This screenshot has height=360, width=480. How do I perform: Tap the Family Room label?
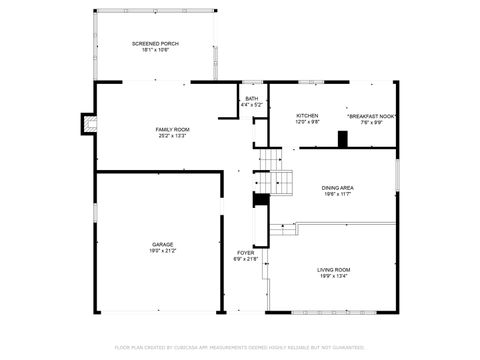172,129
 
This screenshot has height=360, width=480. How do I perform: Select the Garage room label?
163,244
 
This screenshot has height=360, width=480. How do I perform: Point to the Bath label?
251,98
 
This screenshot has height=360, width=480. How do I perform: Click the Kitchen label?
307,116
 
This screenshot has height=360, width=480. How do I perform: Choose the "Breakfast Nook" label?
372,116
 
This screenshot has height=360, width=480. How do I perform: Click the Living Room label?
333,269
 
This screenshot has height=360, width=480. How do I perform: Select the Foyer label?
245,252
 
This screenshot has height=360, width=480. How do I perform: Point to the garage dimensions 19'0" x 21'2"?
163,251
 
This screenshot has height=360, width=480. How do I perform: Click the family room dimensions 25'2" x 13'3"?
172,136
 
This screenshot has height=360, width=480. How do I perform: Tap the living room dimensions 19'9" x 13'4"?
333,276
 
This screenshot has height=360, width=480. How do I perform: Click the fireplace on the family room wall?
89,125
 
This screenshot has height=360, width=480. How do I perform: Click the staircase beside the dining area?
281,182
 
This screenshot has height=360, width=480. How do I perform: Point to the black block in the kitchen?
342,138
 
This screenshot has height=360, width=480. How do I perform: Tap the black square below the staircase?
261,199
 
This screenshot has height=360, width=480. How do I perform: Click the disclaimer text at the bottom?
240,347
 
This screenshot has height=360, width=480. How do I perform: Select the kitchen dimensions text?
307,123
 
